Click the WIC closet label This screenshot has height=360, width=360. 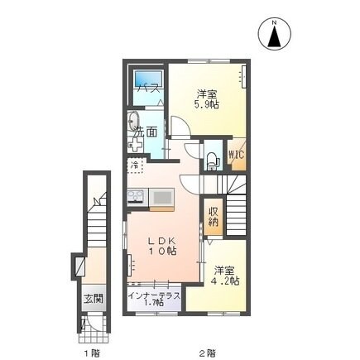point(236,153)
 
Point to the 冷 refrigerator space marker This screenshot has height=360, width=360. point(134,166)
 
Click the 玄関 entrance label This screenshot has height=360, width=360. point(93,299)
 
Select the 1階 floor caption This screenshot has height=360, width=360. point(92,352)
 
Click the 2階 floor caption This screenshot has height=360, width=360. point(209,352)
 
